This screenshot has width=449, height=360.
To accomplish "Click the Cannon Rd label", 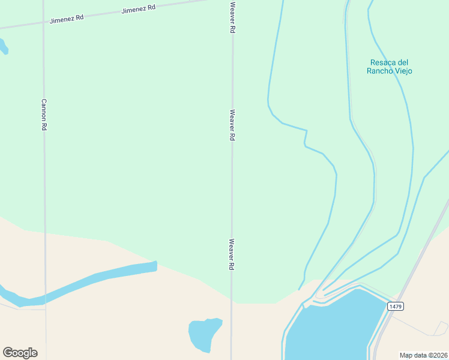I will pyautogui.click(x=44, y=115).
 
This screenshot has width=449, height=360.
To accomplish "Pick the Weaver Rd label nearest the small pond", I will pyautogui.click(x=231, y=254).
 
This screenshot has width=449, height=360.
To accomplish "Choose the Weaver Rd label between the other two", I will pyautogui.click(x=232, y=125).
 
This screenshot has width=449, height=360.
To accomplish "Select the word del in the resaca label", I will pyautogui.click(x=403, y=62).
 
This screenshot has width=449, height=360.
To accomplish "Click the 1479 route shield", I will pyautogui.click(x=395, y=307).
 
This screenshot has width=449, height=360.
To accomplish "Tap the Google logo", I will pyautogui.click(x=20, y=353).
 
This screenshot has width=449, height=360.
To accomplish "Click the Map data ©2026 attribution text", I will pyautogui.click(x=424, y=355).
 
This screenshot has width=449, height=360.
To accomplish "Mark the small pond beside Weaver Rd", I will pyautogui.click(x=204, y=334).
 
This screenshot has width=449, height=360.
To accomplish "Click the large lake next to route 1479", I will pyautogui.click(x=333, y=327).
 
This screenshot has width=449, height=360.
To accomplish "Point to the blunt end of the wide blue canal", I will pyautogui.click(x=155, y=265).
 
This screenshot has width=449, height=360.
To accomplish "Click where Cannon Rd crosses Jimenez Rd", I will pyautogui.click(x=43, y=23).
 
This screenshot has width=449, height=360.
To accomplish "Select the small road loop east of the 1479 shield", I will pyautogui.click(x=442, y=328).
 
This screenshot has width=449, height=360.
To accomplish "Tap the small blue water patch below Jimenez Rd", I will pyautogui.click(x=3, y=46).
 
